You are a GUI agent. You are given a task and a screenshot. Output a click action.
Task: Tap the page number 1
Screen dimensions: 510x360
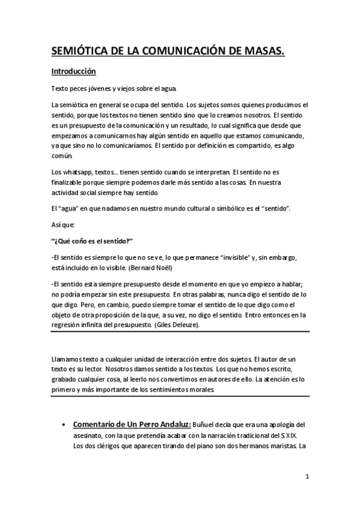[x=307, y=478]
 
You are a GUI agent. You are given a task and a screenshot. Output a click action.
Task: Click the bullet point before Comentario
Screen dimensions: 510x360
[x=63, y=424]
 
